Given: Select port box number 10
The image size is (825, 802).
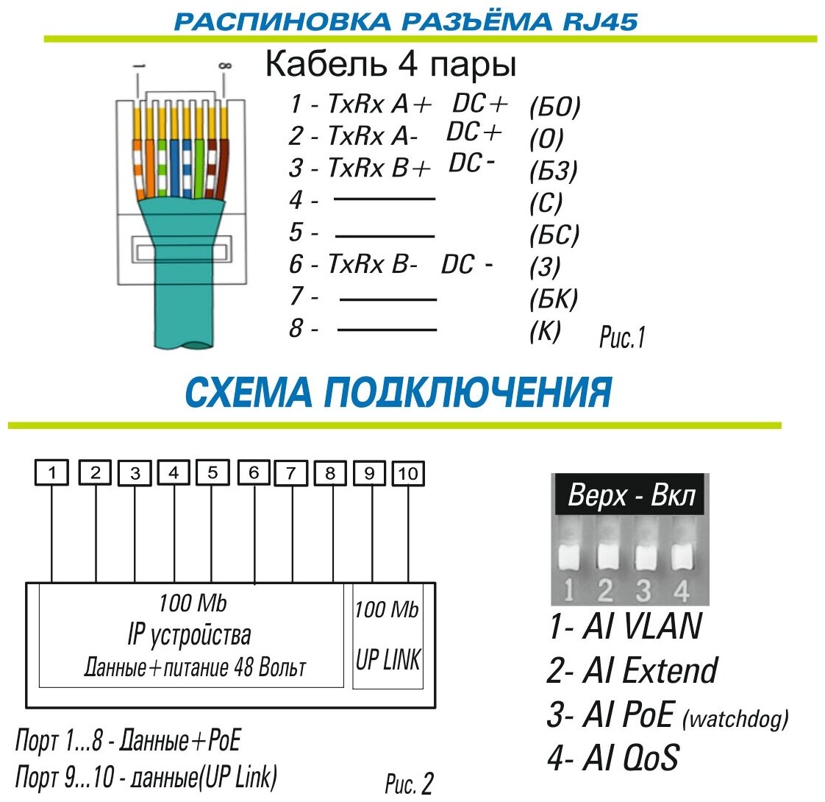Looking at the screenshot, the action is point(408,473).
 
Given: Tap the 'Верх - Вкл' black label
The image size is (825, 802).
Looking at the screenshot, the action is point(631,497).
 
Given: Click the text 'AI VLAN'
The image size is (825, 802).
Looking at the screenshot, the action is point(641,626).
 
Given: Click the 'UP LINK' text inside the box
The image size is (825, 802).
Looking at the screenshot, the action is point(388,660).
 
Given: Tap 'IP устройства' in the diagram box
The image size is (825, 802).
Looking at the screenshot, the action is point(190,634).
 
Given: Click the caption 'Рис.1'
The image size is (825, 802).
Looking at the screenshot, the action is point(622,338).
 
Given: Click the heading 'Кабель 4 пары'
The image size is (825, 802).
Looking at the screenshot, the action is point(390,66).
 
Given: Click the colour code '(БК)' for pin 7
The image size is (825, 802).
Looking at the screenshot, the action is point(554,298).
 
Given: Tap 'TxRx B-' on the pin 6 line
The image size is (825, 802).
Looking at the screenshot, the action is point(373,264).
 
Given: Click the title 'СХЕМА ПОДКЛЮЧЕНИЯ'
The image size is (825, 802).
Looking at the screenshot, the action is point(398,393).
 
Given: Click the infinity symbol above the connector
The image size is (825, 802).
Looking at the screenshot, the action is point(225,66).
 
